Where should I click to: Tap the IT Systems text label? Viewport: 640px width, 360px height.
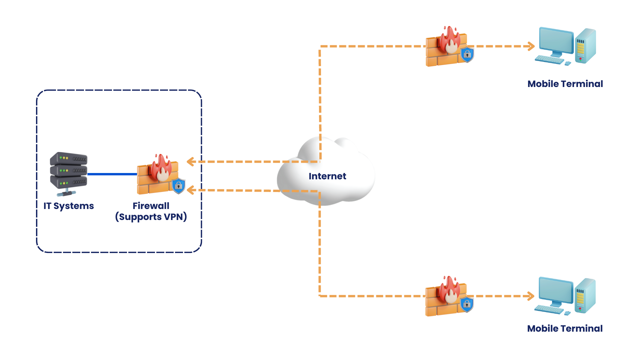tap(69, 206)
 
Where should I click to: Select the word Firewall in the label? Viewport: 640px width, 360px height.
tap(151, 206)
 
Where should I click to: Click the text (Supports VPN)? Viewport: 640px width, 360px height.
tap(151, 217)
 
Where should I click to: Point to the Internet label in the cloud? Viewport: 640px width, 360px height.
tap(327, 176)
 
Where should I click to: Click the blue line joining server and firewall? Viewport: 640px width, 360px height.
tap(112, 174)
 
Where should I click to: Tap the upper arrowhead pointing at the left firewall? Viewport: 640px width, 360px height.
tap(191, 162)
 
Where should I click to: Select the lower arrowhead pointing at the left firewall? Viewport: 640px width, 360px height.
tap(191, 190)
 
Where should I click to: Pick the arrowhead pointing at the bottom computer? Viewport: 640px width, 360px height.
tap(531, 296)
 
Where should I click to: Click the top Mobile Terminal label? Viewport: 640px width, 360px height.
tap(565, 84)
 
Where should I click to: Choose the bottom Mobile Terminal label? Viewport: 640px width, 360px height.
tap(565, 328)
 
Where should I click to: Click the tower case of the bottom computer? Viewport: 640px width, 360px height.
tap(585, 296)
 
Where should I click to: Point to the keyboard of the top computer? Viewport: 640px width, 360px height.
tap(549, 60)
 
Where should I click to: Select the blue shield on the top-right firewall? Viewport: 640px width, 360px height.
tap(467, 55)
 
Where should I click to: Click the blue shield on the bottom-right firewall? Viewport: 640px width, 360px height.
tap(467, 304)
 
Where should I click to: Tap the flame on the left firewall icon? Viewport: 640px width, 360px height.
tap(161, 167)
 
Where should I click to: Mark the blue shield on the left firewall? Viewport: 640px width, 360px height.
tap(179, 186)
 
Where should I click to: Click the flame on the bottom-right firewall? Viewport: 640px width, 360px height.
tap(450, 289)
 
